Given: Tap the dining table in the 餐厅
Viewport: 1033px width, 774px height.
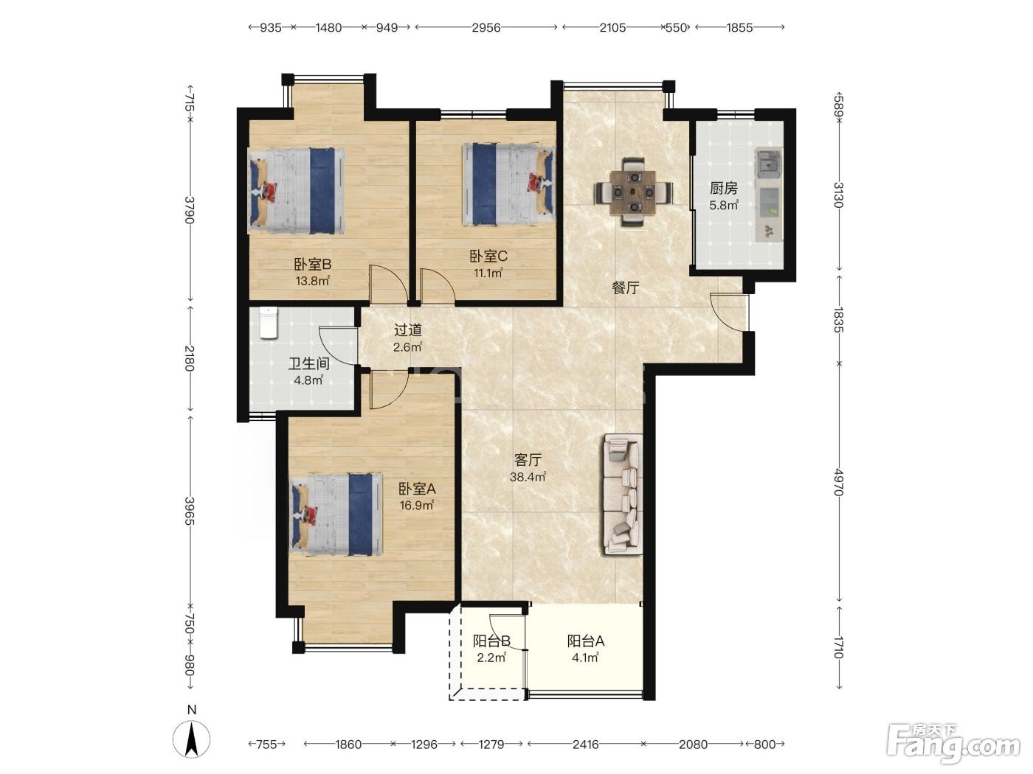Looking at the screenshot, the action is (x=633, y=192).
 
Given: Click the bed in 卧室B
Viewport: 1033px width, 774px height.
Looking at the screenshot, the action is (x=296, y=191).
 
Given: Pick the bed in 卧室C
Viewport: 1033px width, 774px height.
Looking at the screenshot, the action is (x=508, y=184).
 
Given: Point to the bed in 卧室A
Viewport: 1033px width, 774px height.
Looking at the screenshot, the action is (x=336, y=515).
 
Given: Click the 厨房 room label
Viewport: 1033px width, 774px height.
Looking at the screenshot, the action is (x=723, y=188).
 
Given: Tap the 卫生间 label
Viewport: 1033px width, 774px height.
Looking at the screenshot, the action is (x=308, y=363).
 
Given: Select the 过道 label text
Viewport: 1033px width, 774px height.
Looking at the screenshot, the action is (x=407, y=330).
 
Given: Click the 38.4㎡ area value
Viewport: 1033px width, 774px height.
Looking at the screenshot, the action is (x=528, y=477).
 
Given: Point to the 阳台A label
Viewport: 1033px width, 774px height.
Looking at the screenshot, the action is (x=585, y=641).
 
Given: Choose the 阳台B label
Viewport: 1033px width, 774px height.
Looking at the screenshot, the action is (x=491, y=641).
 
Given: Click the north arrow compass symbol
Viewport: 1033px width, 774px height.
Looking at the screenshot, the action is (x=192, y=738).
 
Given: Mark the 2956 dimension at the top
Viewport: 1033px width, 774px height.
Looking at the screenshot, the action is (x=486, y=28).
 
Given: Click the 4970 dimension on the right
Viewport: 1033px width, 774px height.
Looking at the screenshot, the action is (x=838, y=482).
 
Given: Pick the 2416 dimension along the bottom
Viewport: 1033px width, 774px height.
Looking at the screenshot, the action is (x=585, y=745).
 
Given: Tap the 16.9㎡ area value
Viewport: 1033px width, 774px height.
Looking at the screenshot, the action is (x=416, y=506).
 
